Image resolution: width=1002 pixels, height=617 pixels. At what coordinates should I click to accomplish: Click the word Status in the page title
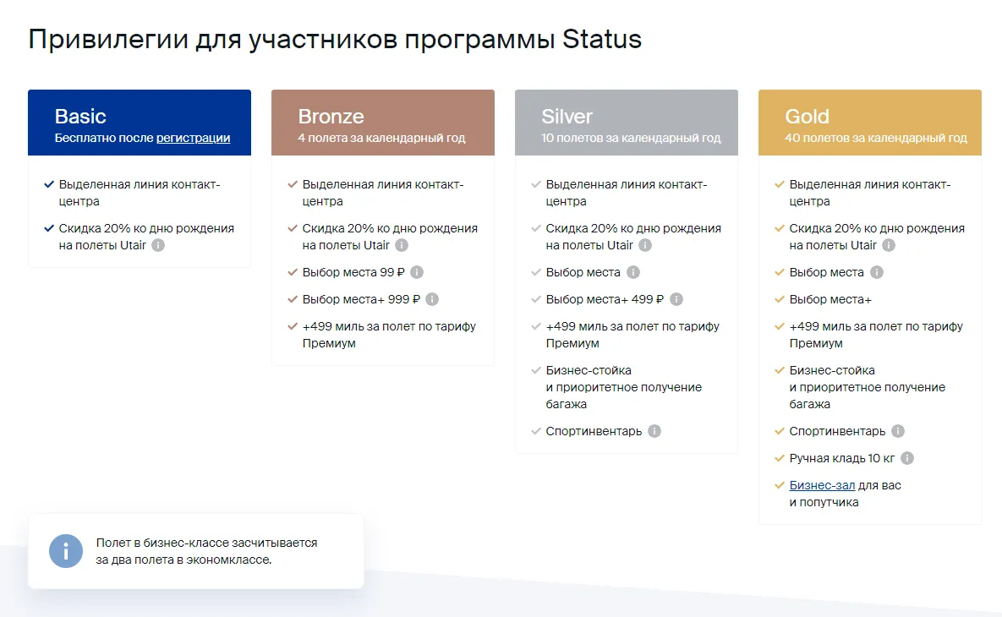tap(601, 39)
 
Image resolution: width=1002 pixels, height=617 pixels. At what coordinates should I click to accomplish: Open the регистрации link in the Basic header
tap(193, 138)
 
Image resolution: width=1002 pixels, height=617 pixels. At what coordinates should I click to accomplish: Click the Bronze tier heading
tap(331, 117)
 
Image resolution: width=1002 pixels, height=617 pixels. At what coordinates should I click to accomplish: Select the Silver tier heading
tap(567, 117)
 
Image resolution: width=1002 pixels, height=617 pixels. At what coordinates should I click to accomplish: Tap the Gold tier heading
tap(807, 117)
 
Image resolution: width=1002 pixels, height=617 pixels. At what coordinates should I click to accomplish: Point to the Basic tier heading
tap(80, 117)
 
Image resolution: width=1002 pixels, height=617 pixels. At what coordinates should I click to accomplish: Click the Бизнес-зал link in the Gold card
tap(822, 485)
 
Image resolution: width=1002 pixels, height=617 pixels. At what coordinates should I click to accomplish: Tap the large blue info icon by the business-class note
tap(66, 551)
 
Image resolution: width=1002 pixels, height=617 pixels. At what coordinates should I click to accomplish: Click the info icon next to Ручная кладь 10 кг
tap(906, 458)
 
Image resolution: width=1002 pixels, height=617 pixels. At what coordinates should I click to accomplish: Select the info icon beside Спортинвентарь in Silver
tap(654, 431)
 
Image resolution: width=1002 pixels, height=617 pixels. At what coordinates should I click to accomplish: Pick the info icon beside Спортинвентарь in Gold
tap(898, 431)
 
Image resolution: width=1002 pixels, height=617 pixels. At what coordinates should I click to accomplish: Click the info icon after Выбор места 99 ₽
tap(417, 272)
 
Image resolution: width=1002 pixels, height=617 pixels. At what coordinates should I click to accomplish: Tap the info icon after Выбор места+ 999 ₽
tap(432, 299)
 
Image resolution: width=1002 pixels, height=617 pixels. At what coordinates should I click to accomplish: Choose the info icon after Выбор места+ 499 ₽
tap(676, 299)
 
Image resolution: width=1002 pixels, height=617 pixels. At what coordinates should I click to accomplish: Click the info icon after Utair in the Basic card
tap(158, 245)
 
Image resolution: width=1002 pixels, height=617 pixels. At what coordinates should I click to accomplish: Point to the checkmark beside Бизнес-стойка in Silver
tap(536, 370)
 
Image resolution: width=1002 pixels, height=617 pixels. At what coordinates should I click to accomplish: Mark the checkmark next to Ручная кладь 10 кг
tap(780, 458)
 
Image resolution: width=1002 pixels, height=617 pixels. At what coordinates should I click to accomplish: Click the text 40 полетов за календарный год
tap(875, 138)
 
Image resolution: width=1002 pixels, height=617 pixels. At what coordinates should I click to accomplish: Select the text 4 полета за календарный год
tap(381, 138)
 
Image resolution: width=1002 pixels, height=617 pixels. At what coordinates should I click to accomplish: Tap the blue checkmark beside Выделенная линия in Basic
tap(49, 184)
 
